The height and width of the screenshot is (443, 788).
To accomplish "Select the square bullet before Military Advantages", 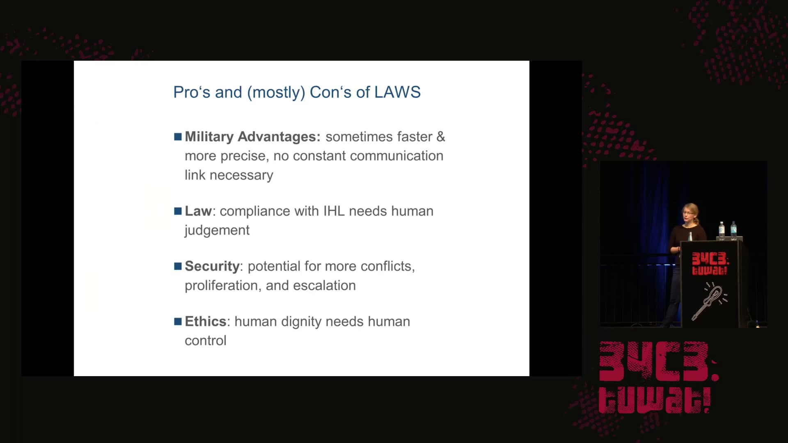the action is [x=178, y=137].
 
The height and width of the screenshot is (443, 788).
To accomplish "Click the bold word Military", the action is [x=209, y=137].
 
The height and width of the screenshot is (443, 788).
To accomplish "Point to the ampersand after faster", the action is [x=441, y=137].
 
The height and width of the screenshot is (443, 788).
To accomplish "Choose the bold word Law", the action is [x=198, y=211].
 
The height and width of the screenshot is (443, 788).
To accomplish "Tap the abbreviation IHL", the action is [x=334, y=211].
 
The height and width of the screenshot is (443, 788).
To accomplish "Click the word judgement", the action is [x=217, y=231].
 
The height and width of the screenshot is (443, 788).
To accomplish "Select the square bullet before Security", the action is [x=178, y=266].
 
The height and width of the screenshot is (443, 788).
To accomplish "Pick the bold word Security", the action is [x=212, y=267].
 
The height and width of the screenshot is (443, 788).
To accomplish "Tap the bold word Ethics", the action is [x=206, y=321].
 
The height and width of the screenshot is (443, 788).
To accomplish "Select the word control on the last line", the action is [x=206, y=340].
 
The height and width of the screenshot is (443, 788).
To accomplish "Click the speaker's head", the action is [x=690, y=213].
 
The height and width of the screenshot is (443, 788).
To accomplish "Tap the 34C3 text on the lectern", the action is [x=710, y=259].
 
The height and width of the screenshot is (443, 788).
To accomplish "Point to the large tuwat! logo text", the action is [x=654, y=400].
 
